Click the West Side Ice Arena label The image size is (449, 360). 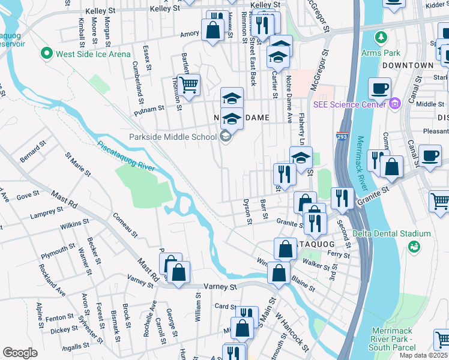tap(93, 54)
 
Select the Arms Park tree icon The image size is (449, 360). tap(381, 38)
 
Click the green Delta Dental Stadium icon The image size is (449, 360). tap(414, 246)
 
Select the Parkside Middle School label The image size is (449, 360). tap(173, 137)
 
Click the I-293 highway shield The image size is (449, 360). tap(342, 136)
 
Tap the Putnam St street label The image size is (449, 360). tap(149, 109)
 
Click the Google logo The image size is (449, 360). tap(20, 353)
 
